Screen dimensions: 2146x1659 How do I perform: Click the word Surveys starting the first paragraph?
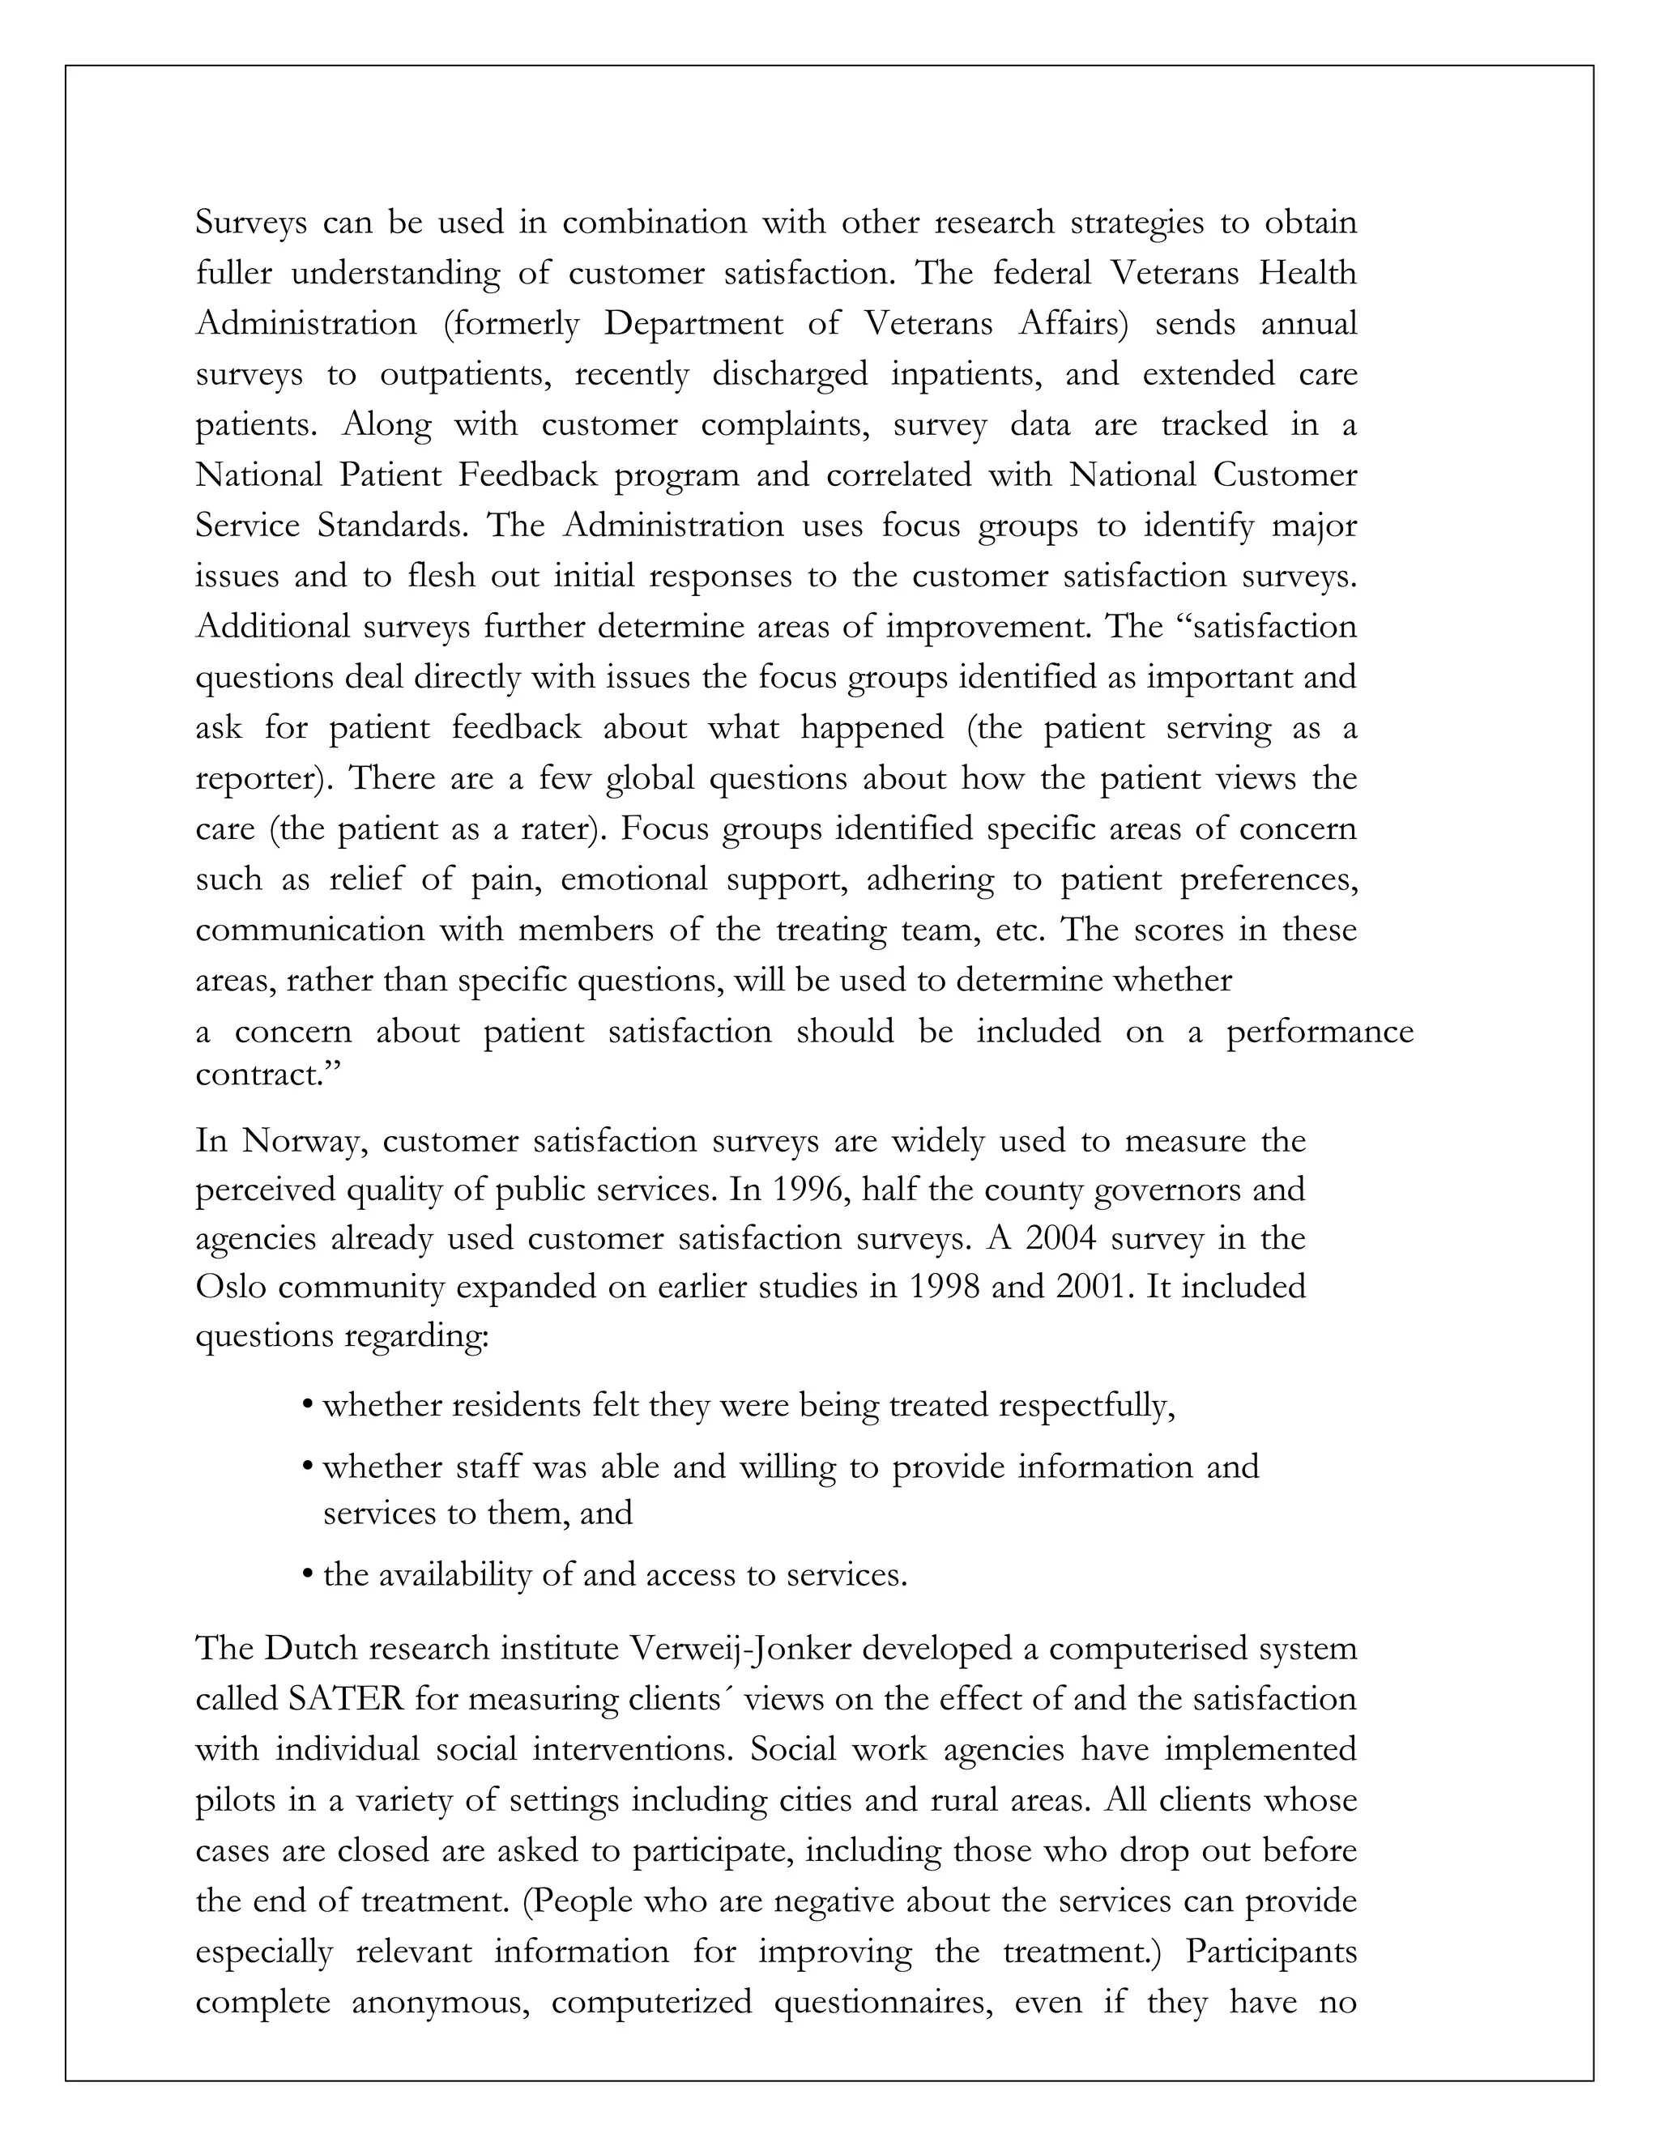pyautogui.click(x=252, y=223)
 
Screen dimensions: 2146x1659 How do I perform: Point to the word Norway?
pyautogui.click(x=305, y=1141)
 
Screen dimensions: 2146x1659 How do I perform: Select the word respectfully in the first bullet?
pyautogui.click(x=1086, y=1406)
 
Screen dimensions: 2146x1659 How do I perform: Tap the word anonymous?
pyautogui.click(x=441, y=2002)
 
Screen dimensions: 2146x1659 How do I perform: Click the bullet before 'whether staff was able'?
pyautogui.click(x=309, y=1467)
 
